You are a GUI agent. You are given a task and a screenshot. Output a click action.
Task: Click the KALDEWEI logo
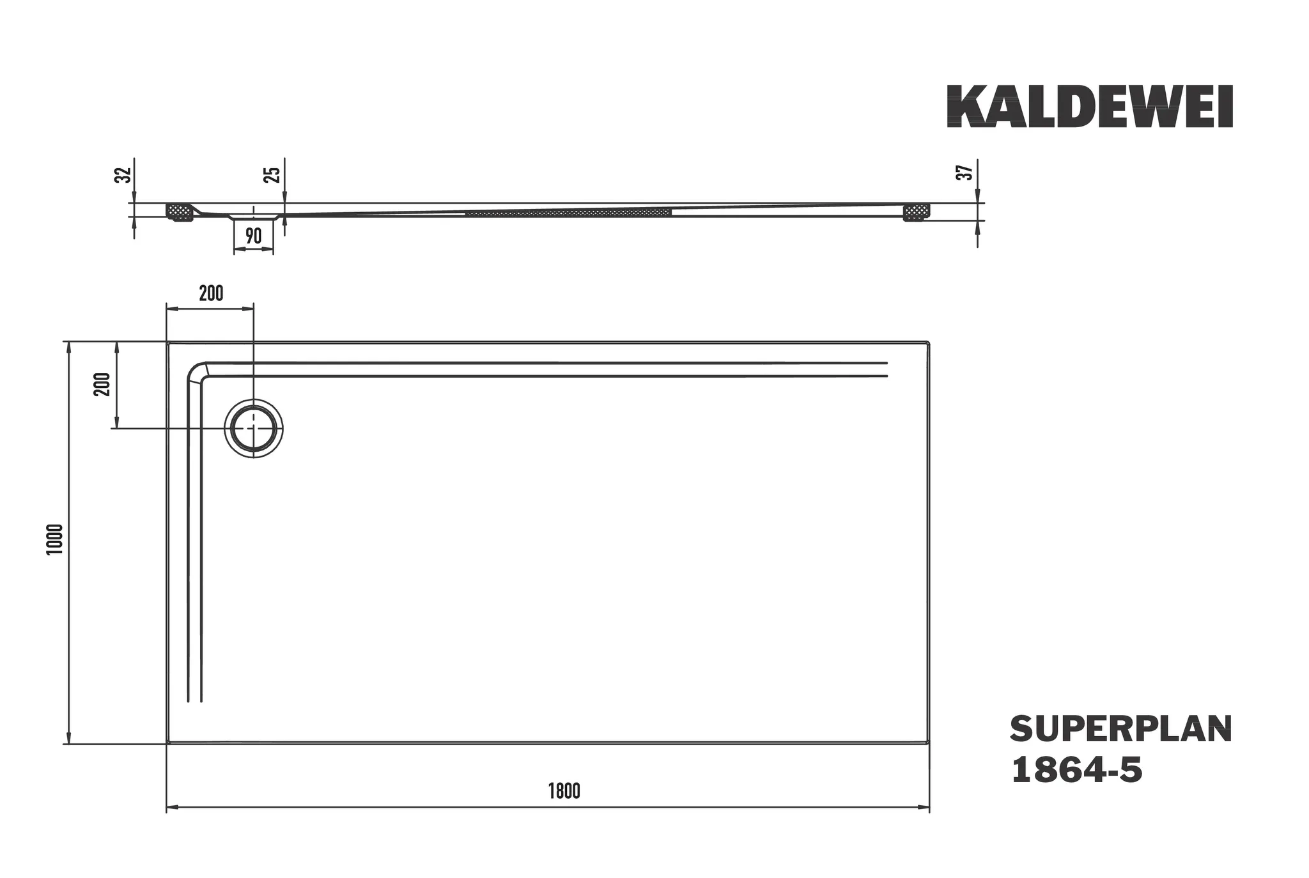tap(1089, 107)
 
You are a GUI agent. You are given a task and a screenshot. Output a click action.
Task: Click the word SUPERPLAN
tap(1120, 730)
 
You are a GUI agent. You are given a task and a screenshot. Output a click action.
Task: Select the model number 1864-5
tap(1076, 770)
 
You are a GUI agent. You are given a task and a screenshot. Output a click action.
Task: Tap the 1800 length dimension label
tap(564, 791)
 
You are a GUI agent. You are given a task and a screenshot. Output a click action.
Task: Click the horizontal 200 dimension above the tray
tap(211, 293)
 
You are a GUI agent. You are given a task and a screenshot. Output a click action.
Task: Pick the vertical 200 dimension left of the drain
tap(103, 384)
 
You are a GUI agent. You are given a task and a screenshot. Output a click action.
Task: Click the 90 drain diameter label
tap(253, 236)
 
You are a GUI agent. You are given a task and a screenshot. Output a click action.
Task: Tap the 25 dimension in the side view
tap(272, 174)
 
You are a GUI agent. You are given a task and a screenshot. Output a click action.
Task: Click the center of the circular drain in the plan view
tap(254, 428)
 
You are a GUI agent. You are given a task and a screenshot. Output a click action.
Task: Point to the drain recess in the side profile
tap(253, 217)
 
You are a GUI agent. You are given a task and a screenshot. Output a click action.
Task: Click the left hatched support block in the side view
tap(180, 212)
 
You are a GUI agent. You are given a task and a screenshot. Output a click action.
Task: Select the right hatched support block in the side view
tap(916, 212)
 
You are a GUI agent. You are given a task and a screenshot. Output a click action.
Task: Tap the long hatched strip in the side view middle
tap(568, 212)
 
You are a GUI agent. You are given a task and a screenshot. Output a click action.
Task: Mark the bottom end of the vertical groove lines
tap(194, 700)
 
